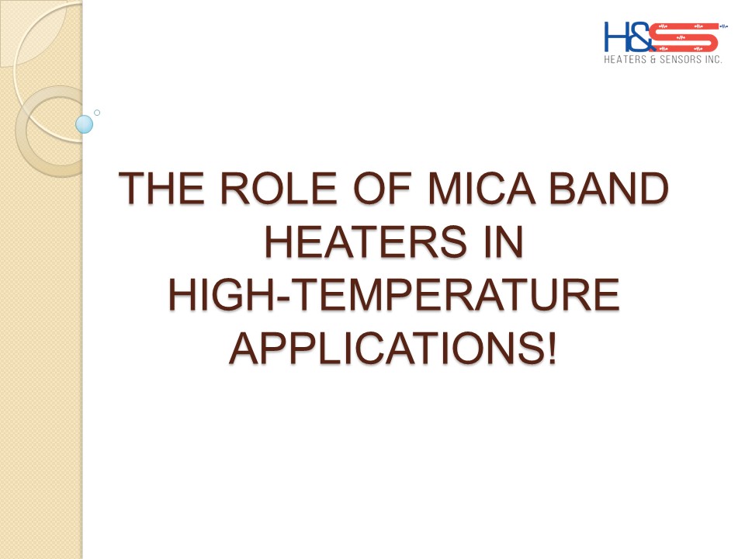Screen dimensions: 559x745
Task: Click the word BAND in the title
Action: click(x=613, y=189)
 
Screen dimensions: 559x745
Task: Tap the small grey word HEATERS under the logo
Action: click(x=625, y=58)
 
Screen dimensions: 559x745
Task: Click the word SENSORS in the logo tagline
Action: click(x=681, y=58)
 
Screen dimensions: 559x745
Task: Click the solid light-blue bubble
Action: click(x=84, y=123)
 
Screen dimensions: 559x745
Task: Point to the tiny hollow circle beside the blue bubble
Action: click(x=97, y=113)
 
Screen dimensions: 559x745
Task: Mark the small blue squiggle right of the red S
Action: click(x=724, y=26)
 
